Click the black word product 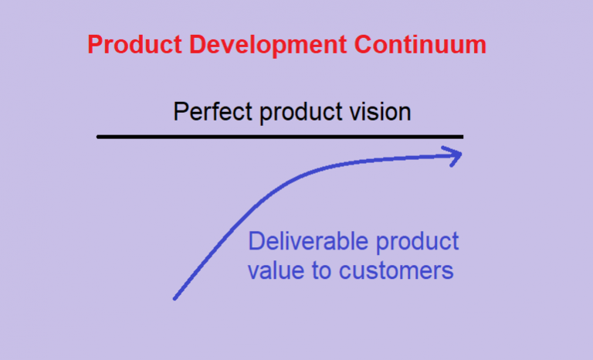coord(299,114)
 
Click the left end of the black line coord(99,137)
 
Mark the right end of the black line coord(462,137)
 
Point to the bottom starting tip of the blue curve coord(175,298)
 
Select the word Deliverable coord(307,242)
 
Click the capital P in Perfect coord(180,112)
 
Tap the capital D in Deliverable coord(255,242)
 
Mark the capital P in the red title coord(94,45)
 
